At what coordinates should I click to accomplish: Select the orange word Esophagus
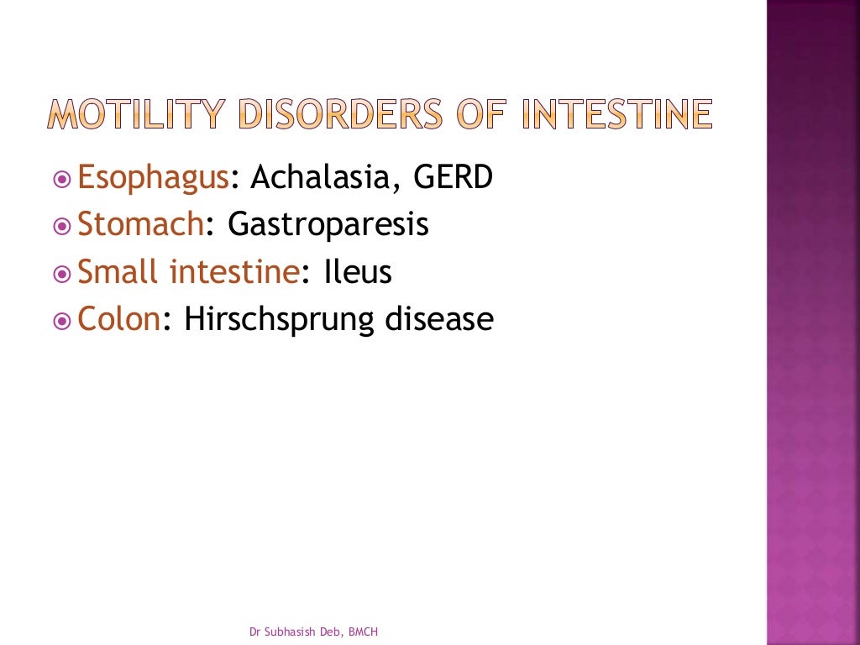tap(153, 179)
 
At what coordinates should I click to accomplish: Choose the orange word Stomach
tap(140, 225)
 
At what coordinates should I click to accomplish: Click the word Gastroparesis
tap(328, 226)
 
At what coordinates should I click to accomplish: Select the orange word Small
tap(119, 272)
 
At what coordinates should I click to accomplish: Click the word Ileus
tap(358, 272)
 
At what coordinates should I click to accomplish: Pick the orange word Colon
tap(118, 319)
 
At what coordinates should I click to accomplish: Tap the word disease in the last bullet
tap(438, 319)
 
